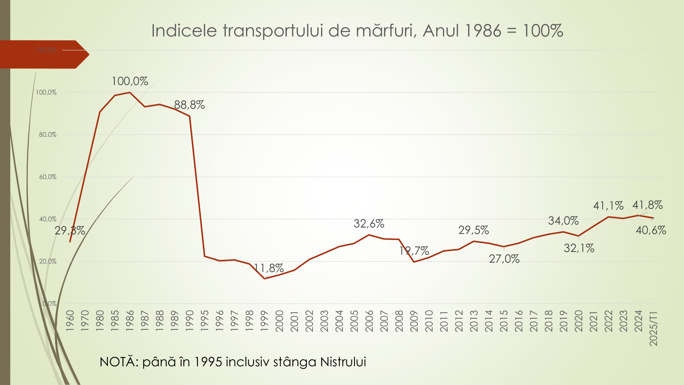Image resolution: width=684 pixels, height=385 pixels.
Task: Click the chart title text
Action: point(357,31)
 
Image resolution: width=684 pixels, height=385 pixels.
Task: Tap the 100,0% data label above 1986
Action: point(130,81)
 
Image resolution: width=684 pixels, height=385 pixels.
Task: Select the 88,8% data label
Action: point(189,105)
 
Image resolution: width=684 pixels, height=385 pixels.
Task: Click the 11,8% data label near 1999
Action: point(268,268)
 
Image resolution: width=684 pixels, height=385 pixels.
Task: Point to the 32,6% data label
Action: point(369,224)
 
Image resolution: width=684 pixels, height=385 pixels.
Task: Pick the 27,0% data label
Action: point(504,259)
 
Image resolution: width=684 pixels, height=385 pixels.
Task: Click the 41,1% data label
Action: point(608,206)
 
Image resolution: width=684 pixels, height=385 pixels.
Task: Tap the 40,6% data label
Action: point(651,230)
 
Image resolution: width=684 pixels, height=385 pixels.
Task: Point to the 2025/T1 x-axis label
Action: point(654,328)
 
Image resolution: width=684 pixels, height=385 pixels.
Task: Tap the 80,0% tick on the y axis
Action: point(48,135)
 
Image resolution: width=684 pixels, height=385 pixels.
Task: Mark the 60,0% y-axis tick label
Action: point(48,177)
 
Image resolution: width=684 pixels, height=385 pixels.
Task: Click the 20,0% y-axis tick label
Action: point(48,261)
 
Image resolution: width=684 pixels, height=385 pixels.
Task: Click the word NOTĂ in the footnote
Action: point(118,362)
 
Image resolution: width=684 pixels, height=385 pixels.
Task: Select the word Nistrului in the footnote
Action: point(343,362)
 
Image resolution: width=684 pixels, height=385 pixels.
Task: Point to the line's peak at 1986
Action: point(130,92)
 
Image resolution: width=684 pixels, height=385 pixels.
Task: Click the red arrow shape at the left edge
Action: point(43,54)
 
